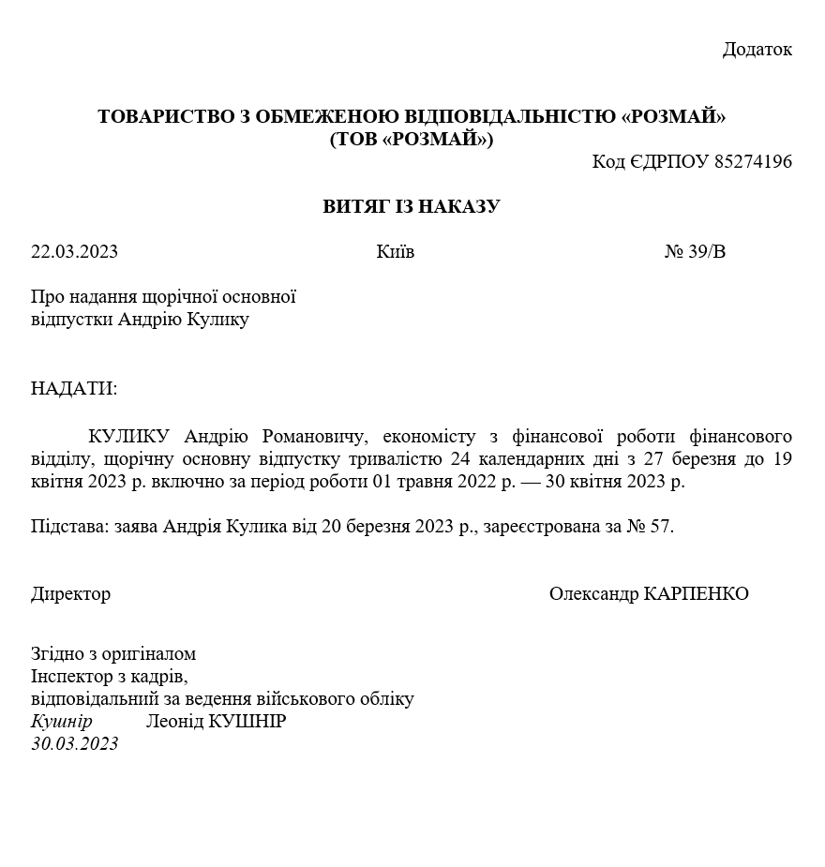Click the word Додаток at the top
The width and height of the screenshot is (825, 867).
(x=757, y=50)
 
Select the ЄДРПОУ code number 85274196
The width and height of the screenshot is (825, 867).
(x=753, y=162)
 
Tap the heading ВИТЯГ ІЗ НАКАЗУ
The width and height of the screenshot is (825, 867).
(x=412, y=206)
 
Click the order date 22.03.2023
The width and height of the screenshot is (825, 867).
(x=75, y=252)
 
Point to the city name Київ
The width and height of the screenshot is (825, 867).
(x=395, y=252)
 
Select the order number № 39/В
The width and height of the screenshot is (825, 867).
(x=695, y=252)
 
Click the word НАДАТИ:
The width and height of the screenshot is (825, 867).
(x=74, y=389)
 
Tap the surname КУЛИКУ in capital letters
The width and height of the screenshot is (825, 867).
(x=128, y=437)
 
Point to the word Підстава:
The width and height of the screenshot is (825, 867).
(x=70, y=527)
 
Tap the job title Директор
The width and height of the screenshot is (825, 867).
(x=70, y=594)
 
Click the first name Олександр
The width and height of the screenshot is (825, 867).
(x=594, y=594)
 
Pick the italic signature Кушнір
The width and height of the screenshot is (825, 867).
(x=61, y=722)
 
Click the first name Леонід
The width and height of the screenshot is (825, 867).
(x=174, y=722)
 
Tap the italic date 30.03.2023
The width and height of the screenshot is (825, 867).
(x=75, y=744)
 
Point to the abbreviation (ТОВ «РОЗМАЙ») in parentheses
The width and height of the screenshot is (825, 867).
(x=412, y=140)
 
